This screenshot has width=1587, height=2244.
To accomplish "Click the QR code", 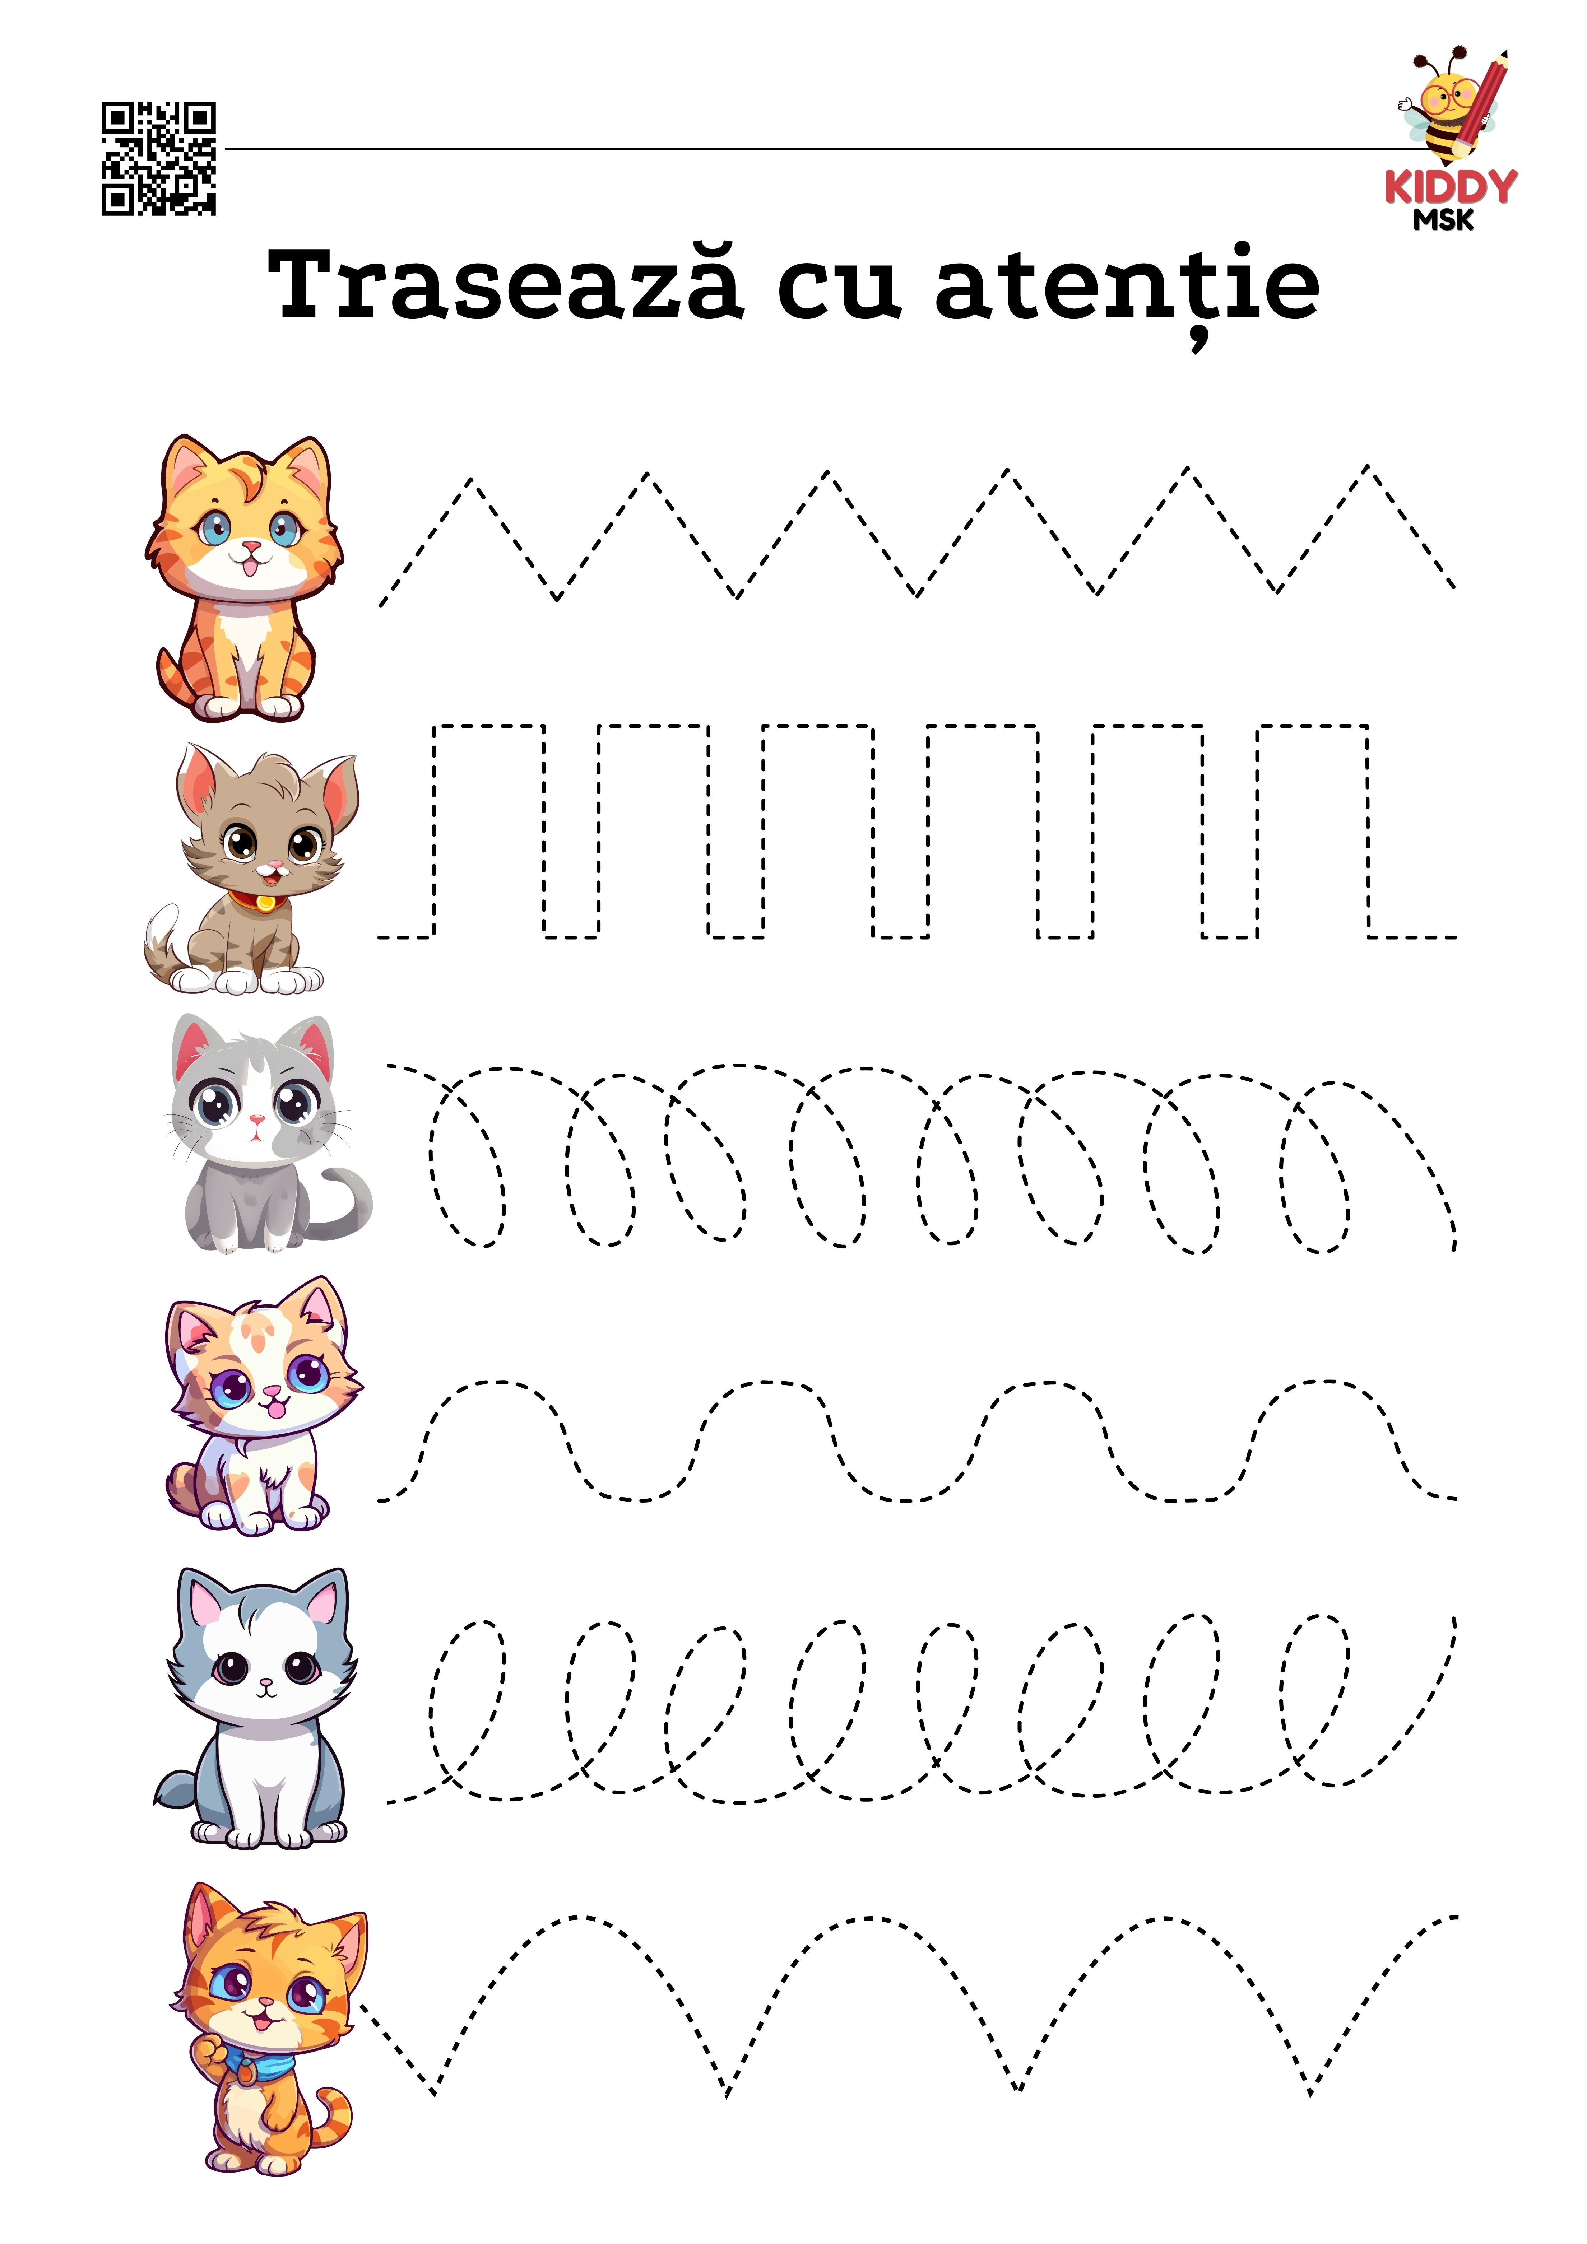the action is pyautogui.click(x=158, y=158).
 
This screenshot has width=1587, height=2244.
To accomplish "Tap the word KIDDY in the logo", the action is pyautogui.click(x=1450, y=187).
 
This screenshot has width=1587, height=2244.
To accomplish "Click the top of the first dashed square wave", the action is pyautogui.click(x=489, y=726).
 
